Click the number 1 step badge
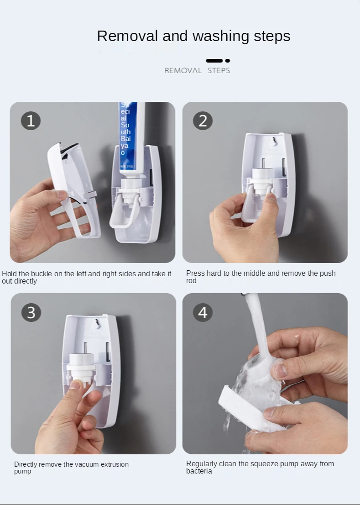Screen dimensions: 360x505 point(31,121)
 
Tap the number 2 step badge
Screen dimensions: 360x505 point(203,121)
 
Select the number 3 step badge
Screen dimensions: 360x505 point(31,312)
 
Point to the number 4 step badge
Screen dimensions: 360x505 point(203,312)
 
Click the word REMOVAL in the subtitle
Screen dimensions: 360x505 point(183,70)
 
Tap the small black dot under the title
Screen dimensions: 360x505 point(228,61)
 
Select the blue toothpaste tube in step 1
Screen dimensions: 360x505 point(132,138)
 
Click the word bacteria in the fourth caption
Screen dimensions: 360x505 point(199,471)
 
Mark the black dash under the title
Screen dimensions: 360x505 point(214,61)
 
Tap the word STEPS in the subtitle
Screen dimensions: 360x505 point(219,70)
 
